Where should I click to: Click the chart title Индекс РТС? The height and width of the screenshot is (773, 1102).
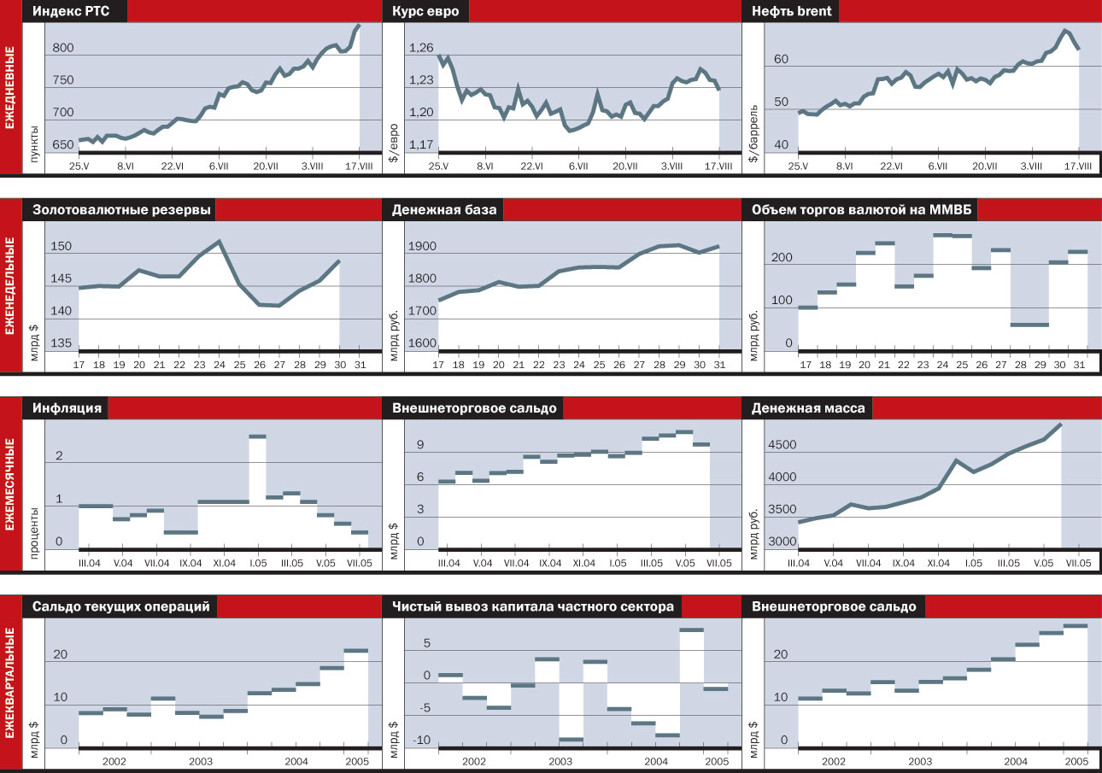(x=76, y=12)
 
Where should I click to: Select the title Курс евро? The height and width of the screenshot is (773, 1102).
(x=425, y=12)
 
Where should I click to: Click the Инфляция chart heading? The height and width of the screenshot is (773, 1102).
(x=67, y=408)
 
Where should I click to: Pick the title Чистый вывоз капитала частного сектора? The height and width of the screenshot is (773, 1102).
(x=533, y=606)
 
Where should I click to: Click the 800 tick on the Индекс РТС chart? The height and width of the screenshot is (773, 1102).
(x=62, y=49)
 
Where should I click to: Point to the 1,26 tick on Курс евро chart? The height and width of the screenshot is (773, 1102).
(x=421, y=49)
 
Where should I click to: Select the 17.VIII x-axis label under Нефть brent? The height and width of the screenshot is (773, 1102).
(x=1077, y=167)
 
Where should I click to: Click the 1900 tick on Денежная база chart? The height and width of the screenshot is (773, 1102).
(x=422, y=248)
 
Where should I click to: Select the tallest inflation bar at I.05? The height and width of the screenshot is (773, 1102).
(x=257, y=436)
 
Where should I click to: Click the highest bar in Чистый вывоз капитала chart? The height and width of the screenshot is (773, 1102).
(x=691, y=630)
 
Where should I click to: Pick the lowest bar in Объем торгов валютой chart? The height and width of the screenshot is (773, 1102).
(x=1029, y=325)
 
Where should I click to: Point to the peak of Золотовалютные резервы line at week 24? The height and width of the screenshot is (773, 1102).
(x=220, y=241)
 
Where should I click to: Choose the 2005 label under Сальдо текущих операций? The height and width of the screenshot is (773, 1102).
(x=356, y=761)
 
